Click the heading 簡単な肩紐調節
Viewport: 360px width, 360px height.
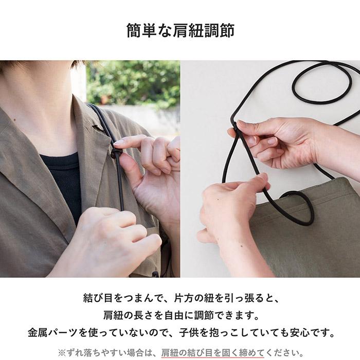click(180, 30)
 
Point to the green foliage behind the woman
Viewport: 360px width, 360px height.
click(134, 82)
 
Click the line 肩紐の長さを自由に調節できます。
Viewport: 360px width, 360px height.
click(180, 315)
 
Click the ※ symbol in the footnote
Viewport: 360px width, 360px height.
click(61, 352)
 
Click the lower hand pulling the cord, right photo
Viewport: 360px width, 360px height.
click(231, 206)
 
